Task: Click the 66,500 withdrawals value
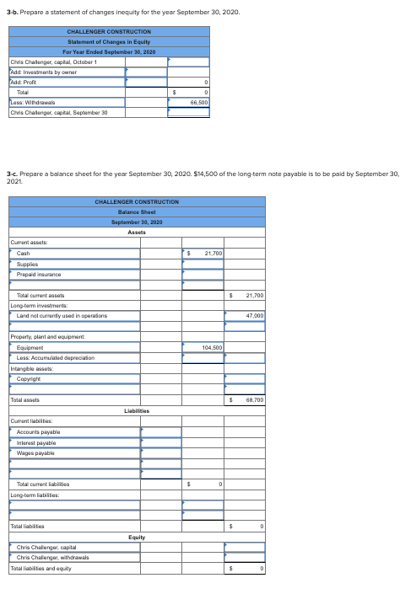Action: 200,100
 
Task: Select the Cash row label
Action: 23,253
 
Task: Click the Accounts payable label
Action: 38,431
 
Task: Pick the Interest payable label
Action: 35,441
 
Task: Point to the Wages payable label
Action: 35,452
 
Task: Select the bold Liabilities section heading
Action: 137,410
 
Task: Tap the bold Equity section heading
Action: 137,536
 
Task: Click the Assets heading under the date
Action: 137,232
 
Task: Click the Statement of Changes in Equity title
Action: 108,41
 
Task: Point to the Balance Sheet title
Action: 137,212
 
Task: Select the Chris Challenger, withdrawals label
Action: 56,557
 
